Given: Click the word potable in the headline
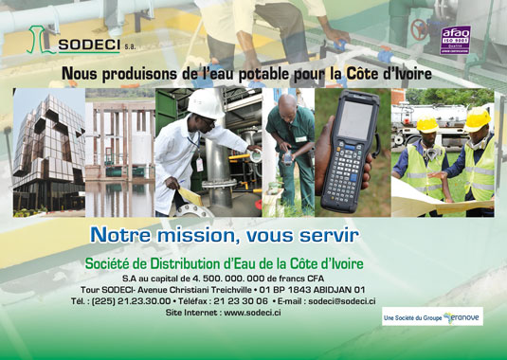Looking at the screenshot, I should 289,73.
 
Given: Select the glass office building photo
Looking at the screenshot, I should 48,153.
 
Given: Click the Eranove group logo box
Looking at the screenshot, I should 431,317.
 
